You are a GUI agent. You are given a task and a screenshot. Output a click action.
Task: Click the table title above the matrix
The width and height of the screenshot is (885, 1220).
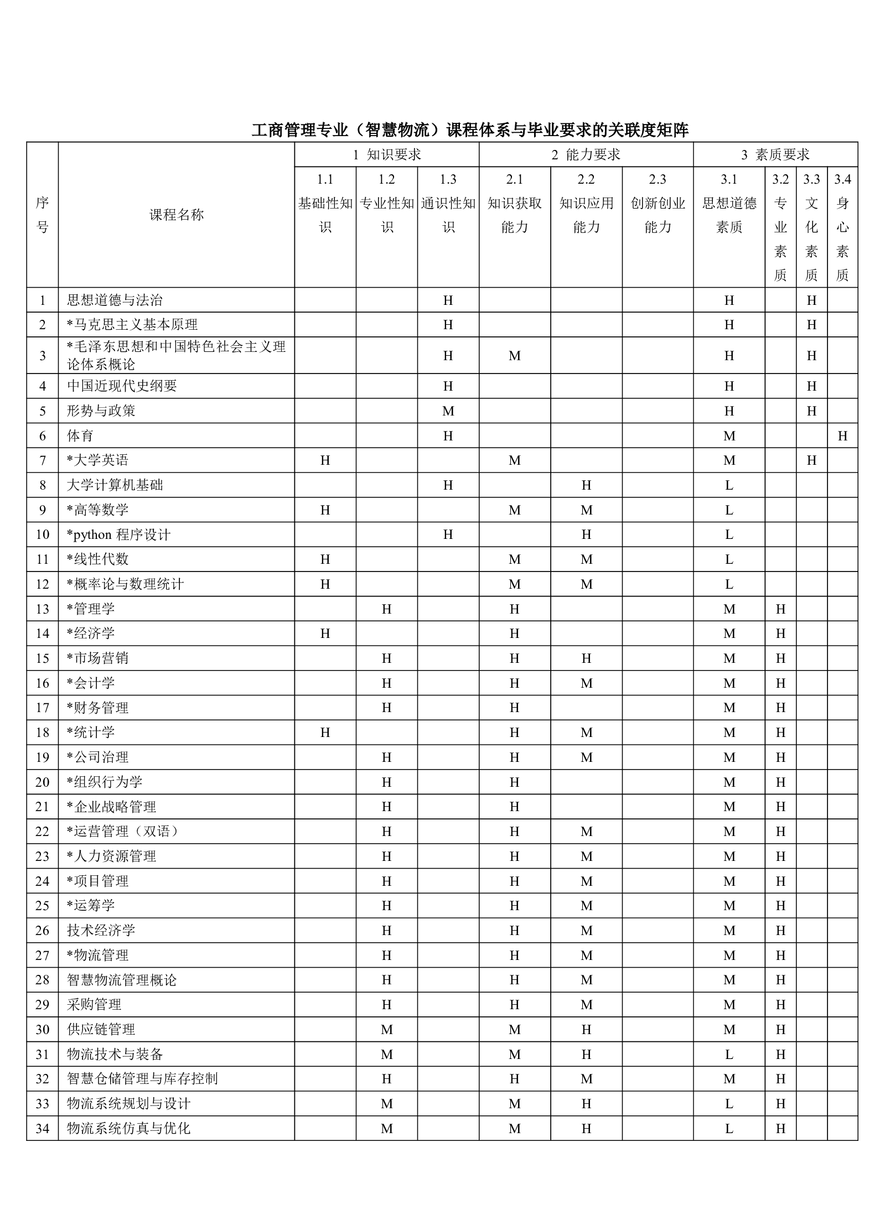[x=470, y=130]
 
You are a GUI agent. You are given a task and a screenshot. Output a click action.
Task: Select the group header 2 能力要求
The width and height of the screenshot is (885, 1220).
[x=586, y=155]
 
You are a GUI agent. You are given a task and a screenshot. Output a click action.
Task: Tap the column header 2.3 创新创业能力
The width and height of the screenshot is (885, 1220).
[x=658, y=203]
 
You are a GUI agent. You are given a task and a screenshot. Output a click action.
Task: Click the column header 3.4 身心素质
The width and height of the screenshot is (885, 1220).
[x=842, y=227]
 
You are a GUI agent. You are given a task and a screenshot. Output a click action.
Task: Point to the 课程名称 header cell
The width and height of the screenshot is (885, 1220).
[x=177, y=215]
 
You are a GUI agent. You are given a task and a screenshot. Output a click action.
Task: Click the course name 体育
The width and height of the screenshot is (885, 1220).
[x=80, y=436]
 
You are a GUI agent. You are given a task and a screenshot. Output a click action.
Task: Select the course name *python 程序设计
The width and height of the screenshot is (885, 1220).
[x=118, y=535]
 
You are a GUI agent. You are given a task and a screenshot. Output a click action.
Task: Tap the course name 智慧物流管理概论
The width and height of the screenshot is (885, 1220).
[x=122, y=980]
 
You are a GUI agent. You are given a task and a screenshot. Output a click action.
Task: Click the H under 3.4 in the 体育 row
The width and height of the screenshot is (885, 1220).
[x=842, y=436]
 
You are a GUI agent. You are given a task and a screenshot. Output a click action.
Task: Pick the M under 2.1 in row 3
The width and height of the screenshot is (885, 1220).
[x=514, y=356]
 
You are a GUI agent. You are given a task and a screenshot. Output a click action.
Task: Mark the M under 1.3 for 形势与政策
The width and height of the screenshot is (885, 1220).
[x=448, y=411]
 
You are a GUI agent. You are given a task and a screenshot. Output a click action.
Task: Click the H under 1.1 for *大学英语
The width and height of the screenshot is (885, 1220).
[x=325, y=460]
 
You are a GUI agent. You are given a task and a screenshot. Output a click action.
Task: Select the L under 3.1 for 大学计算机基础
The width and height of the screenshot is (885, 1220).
[x=729, y=485]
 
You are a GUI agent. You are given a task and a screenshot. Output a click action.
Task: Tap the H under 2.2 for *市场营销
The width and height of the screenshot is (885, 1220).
[x=586, y=658]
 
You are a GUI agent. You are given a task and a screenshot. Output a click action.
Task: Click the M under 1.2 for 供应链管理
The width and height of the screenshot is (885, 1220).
[x=386, y=1030]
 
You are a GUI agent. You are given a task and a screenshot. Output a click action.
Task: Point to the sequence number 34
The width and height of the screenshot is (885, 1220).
[x=43, y=1128]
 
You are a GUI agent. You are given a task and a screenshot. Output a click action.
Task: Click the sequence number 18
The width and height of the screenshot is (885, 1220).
[x=43, y=733]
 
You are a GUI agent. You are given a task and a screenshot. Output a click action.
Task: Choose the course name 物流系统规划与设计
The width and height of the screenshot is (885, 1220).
[x=128, y=1104]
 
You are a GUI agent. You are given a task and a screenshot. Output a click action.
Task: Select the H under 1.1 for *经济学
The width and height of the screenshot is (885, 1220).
[x=325, y=634]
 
